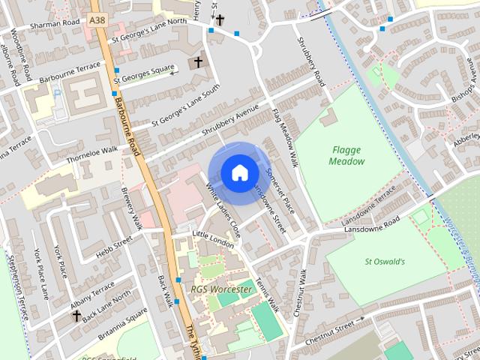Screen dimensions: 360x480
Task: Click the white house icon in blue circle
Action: pos(238,173)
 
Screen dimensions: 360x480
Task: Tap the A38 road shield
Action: pos(96,19)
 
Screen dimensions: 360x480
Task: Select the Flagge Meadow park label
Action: pos(347,155)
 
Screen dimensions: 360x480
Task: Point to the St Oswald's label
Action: pos(385,262)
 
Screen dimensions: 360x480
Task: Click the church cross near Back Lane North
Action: pos(76,316)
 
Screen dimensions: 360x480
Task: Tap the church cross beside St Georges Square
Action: pos(199,62)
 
